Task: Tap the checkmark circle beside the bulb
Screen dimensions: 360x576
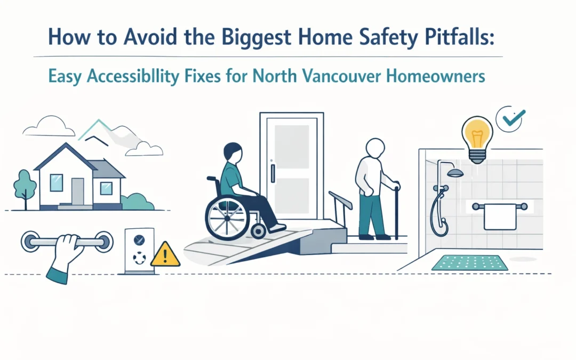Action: click(x=510, y=118)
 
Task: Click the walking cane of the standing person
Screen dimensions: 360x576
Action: click(x=396, y=211)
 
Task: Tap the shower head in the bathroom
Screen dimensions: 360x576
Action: click(x=455, y=173)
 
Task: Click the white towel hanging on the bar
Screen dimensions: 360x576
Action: click(x=500, y=217)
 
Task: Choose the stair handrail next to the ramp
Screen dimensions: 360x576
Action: click(x=340, y=201)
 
